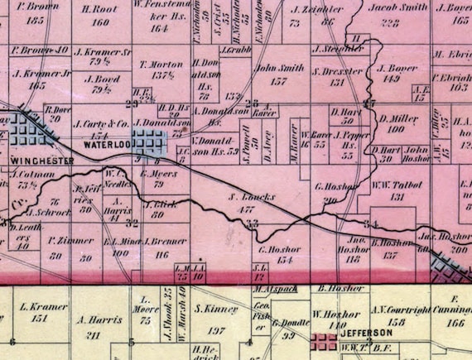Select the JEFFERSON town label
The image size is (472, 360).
click(x=366, y=333)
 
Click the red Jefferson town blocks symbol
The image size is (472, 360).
click(x=325, y=340)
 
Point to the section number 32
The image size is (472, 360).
click(x=130, y=222)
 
